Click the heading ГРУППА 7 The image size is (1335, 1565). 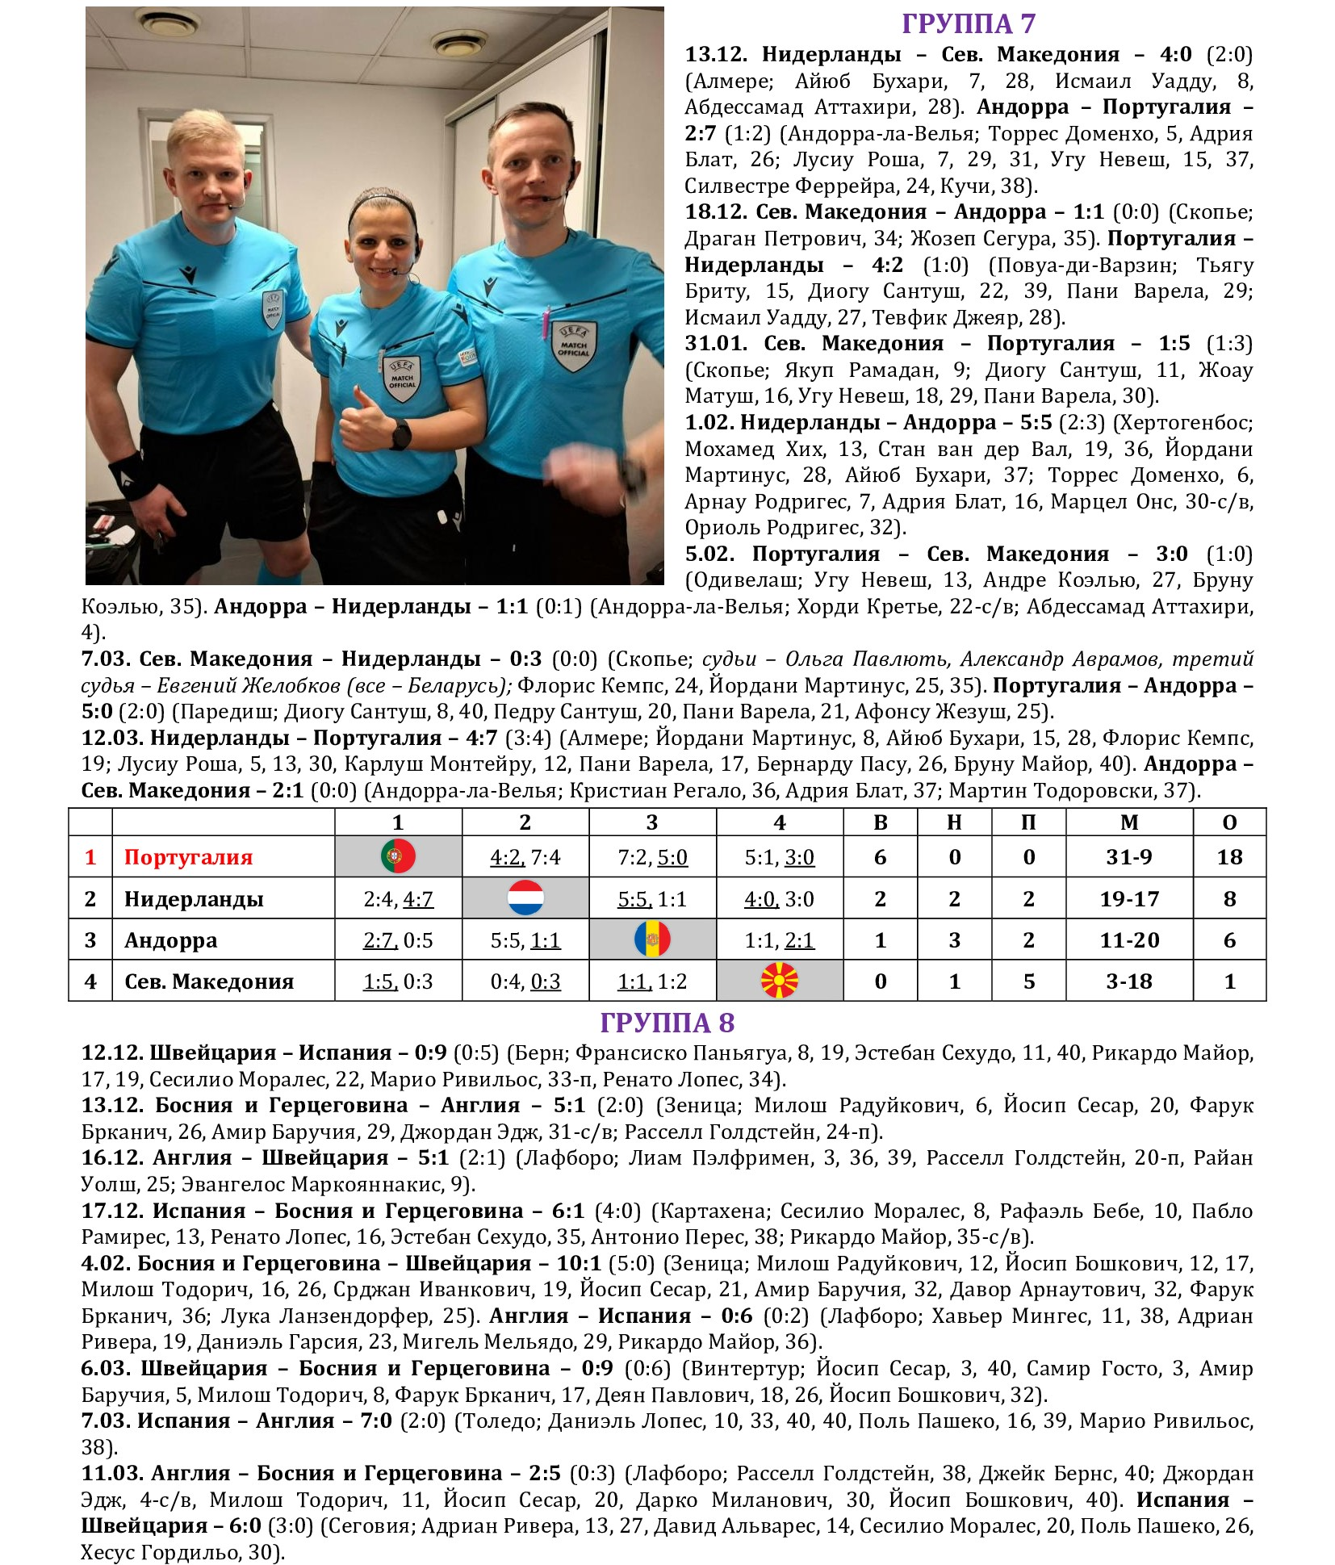pyautogui.click(x=968, y=24)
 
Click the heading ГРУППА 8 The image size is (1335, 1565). pyautogui.click(x=667, y=1023)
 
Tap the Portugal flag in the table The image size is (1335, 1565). pyautogui.click(x=398, y=856)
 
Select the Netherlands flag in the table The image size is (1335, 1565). pyautogui.click(x=525, y=898)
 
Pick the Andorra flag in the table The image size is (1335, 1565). pyautogui.click(x=652, y=939)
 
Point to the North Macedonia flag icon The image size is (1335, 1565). pyautogui.click(x=779, y=981)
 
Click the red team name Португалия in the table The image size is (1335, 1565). pyautogui.click(x=188, y=857)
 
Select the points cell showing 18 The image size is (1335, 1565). pyautogui.click(x=1229, y=857)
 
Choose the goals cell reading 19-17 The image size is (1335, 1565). pyautogui.click(x=1128, y=898)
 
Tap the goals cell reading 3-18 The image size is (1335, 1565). pyautogui.click(x=1128, y=981)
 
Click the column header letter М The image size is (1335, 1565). pyautogui.click(x=1129, y=822)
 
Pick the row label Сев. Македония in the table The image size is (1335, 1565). pyautogui.click(x=209, y=981)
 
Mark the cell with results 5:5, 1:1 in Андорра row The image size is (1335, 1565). pyautogui.click(x=525, y=940)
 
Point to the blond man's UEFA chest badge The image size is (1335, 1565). pyautogui.click(x=273, y=309)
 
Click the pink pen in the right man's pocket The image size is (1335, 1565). pyautogui.click(x=546, y=323)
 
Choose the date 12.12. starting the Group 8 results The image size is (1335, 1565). pyautogui.click(x=112, y=1052)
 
